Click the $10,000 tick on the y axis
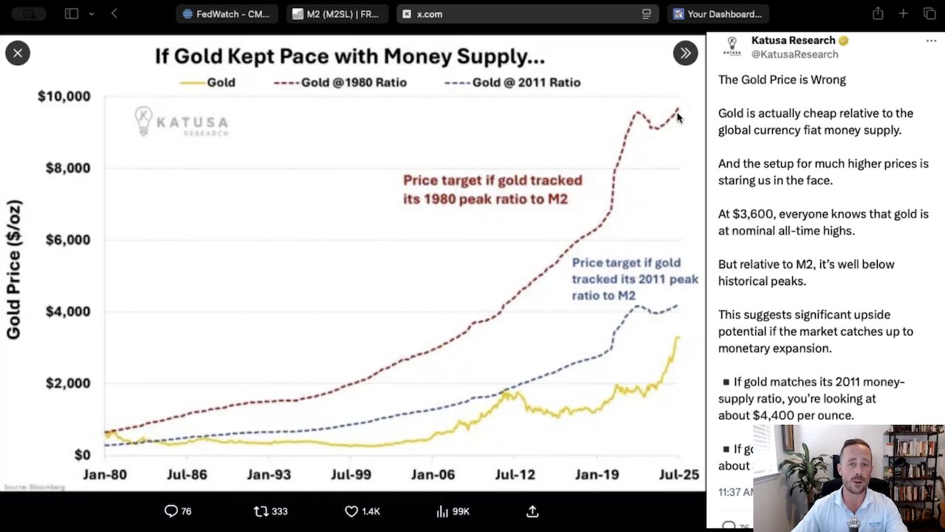tap(64, 96)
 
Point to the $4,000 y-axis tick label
tap(67, 311)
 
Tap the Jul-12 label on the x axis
tap(515, 474)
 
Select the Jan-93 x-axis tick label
tap(269, 474)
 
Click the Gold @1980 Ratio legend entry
tap(340, 83)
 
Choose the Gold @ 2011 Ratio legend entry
tap(513, 83)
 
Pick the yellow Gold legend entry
tap(208, 83)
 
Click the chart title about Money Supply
tap(349, 56)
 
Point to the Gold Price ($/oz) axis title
tap(14, 270)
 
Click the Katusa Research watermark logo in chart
tap(182, 122)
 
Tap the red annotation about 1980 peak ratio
tap(492, 189)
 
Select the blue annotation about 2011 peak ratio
tap(635, 279)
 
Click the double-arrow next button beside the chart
tap(685, 53)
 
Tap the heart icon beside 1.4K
tap(351, 511)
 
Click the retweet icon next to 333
tap(261, 511)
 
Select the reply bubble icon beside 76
tap(171, 511)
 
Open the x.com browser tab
tap(429, 14)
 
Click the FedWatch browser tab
tap(226, 14)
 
